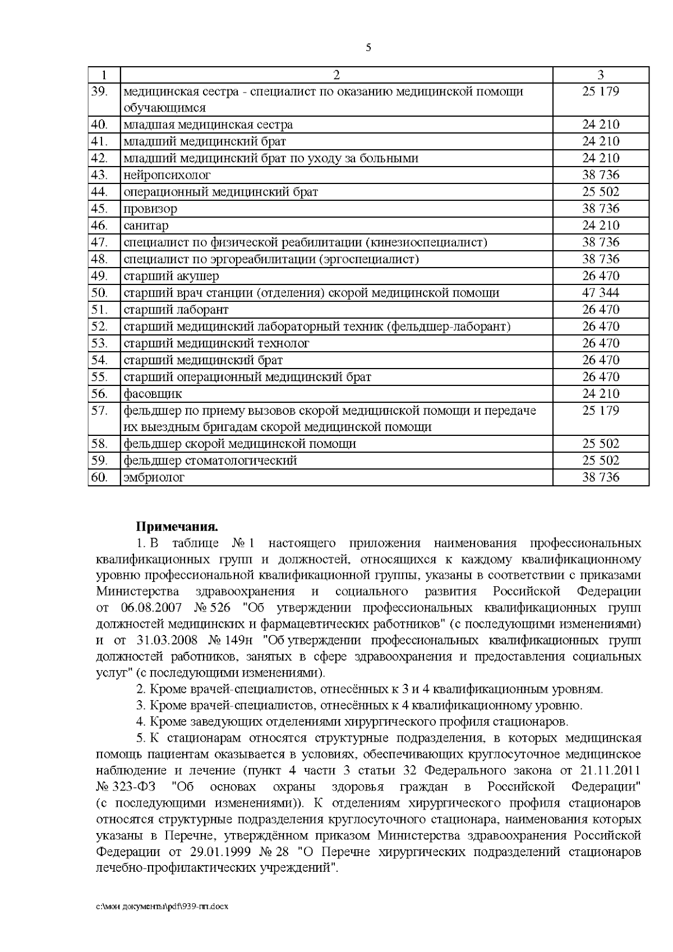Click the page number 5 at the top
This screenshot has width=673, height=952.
click(368, 48)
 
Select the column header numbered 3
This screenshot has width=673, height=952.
click(601, 75)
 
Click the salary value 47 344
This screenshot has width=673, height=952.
click(601, 293)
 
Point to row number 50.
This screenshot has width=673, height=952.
click(99, 293)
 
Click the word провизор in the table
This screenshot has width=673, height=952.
click(150, 209)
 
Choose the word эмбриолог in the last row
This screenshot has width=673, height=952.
click(154, 478)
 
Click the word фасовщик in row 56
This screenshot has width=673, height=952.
click(153, 394)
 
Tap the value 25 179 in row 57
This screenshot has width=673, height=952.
click(601, 411)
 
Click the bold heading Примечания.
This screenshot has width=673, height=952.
click(176, 527)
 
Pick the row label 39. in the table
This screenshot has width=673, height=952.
click(99, 91)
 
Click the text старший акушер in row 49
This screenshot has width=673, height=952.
click(171, 276)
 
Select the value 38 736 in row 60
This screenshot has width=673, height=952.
click(601, 478)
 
